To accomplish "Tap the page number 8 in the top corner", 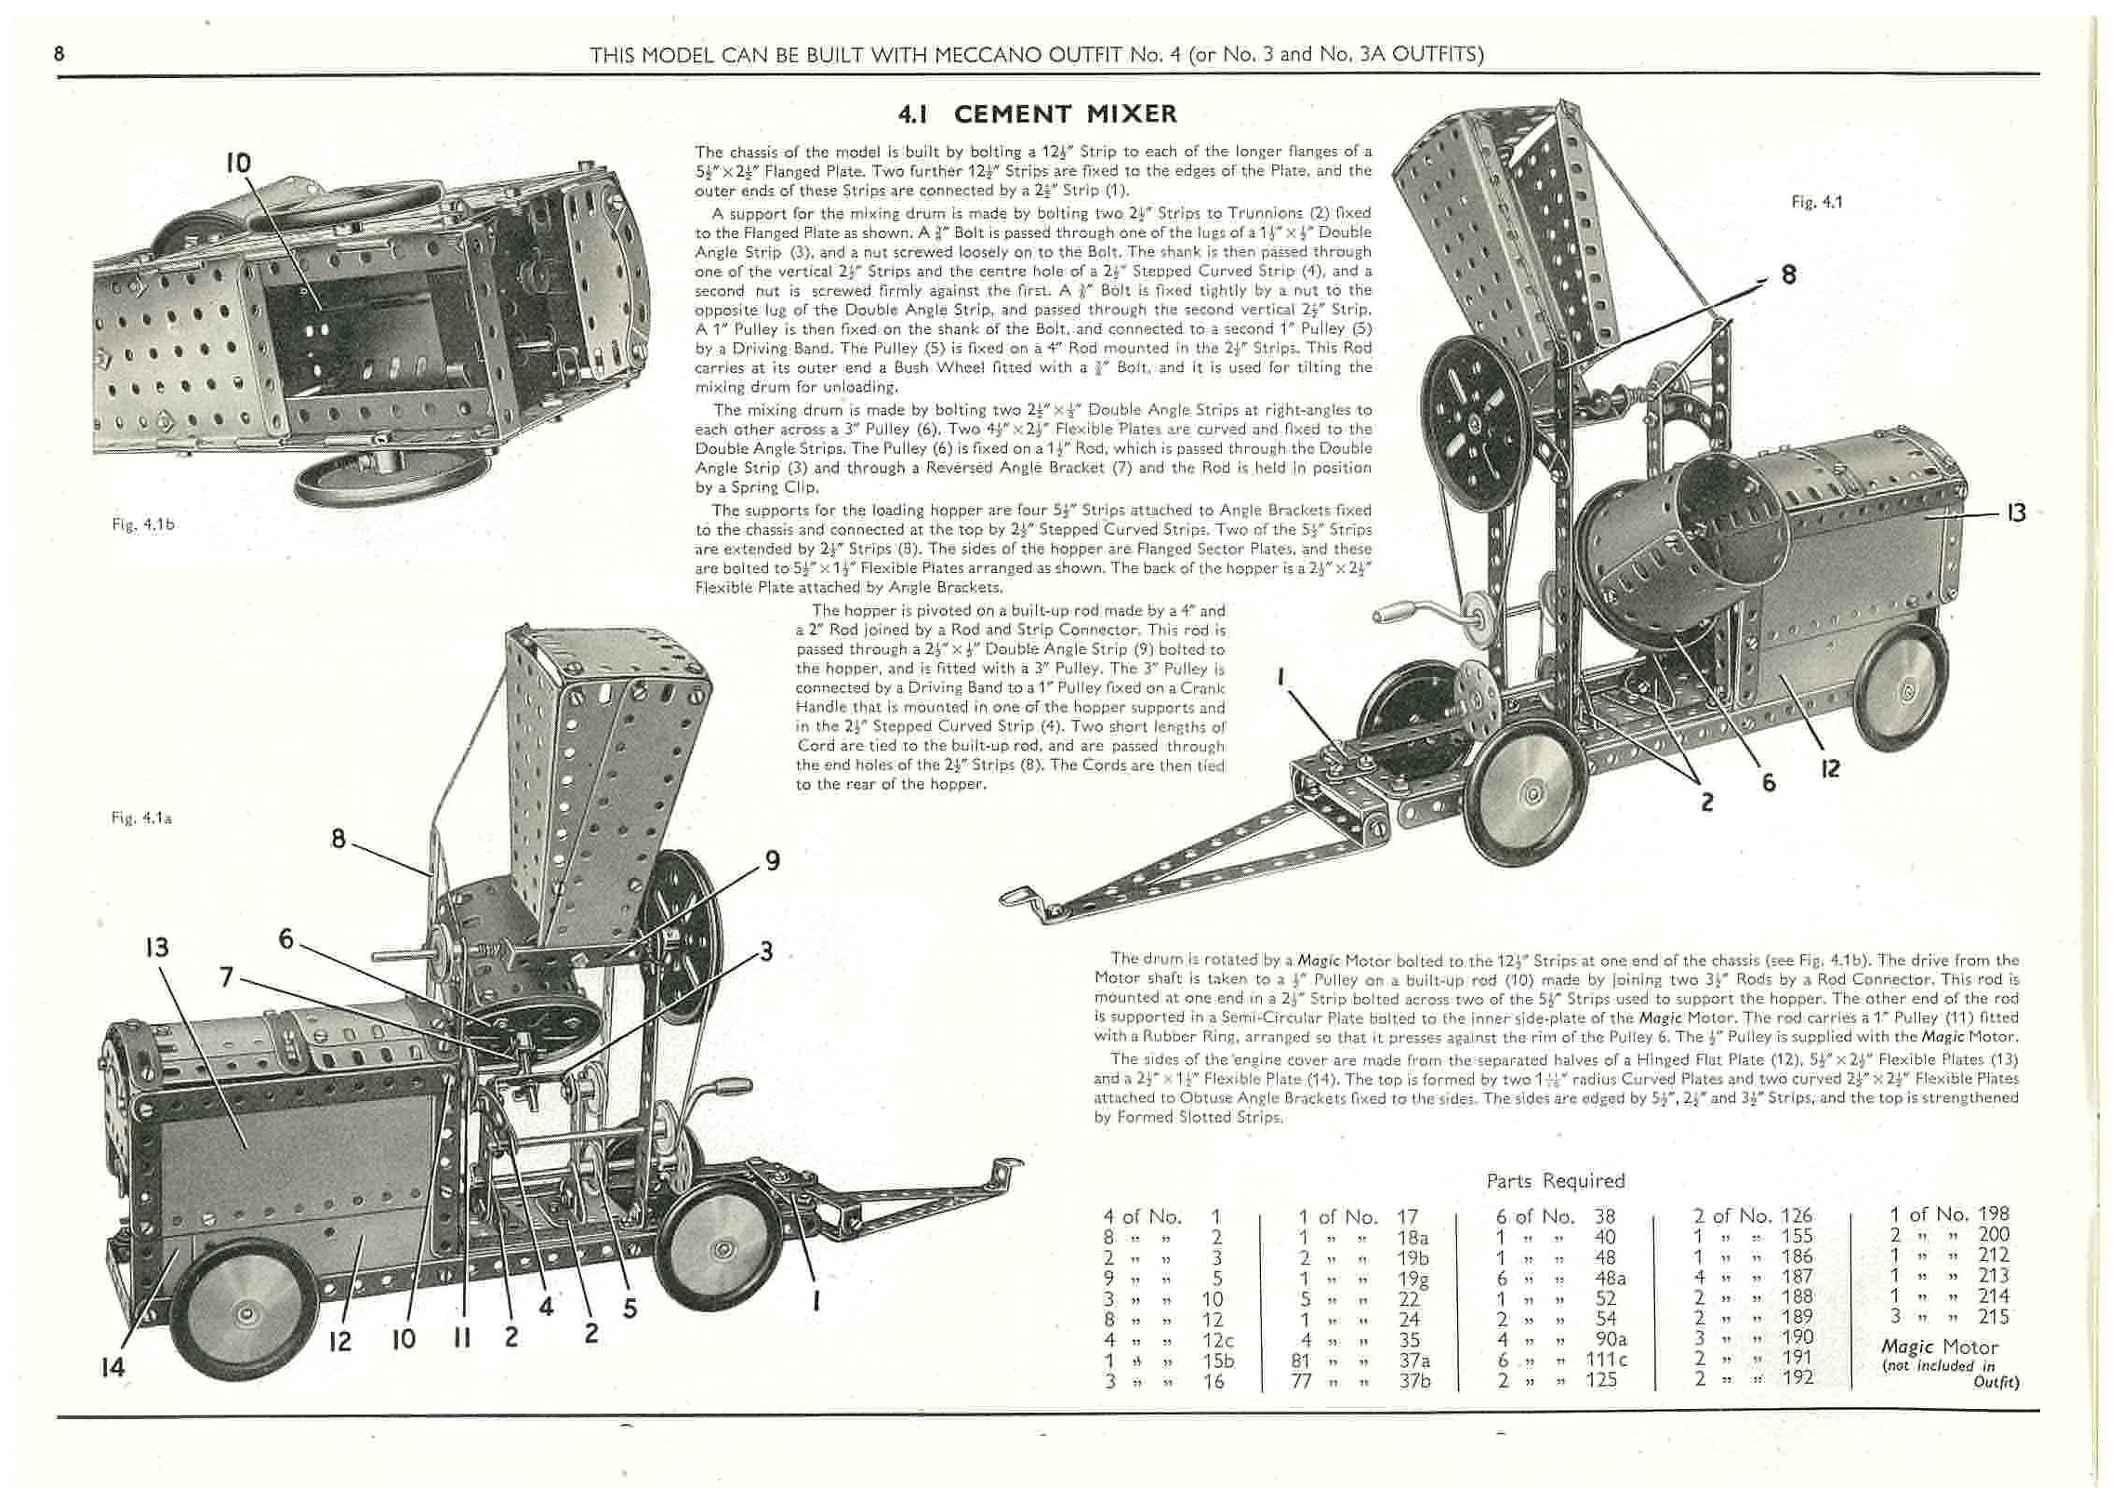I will click(60, 54).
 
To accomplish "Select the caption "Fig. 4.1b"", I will click(143, 524).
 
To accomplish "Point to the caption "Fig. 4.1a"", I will click(140, 817).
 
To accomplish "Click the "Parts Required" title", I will click(1555, 1180).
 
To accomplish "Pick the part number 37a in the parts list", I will click(1413, 1361).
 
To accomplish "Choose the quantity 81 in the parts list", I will click(1301, 1361).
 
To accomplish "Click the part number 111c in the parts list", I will click(1610, 1360).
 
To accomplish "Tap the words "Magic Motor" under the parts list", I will click(1939, 1347).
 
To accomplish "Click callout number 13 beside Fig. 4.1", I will click(2015, 512).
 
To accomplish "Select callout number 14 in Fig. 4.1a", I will click(113, 1367).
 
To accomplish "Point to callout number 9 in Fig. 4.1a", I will click(771, 861).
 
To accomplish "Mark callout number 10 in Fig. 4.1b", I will click(238, 164).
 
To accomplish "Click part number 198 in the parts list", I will click(1994, 1215).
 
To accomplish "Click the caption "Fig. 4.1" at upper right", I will click(1816, 202).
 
